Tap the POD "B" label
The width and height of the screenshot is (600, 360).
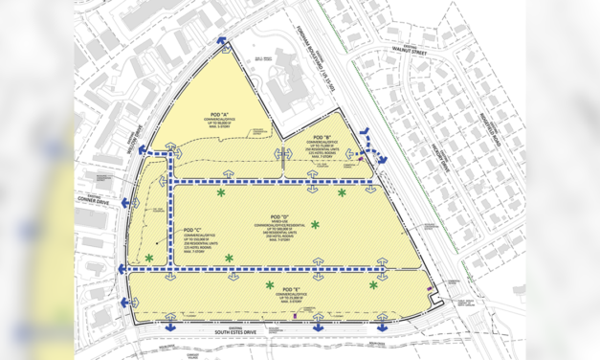point(334,137)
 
